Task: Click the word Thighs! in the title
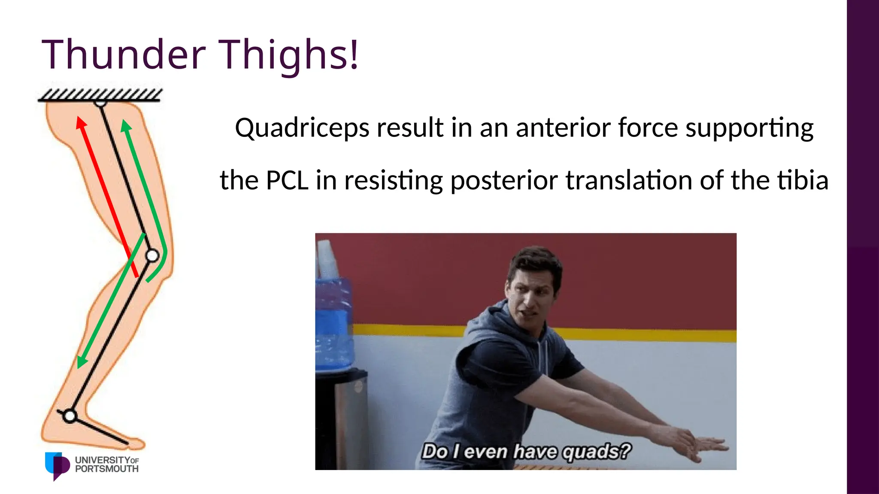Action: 288,55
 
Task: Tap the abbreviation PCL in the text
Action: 287,180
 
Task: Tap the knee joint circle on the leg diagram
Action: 152,256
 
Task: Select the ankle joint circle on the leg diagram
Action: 70,416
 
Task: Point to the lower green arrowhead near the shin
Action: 81,362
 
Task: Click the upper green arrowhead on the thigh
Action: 126,125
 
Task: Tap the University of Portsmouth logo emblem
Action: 57,465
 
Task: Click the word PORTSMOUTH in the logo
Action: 107,470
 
